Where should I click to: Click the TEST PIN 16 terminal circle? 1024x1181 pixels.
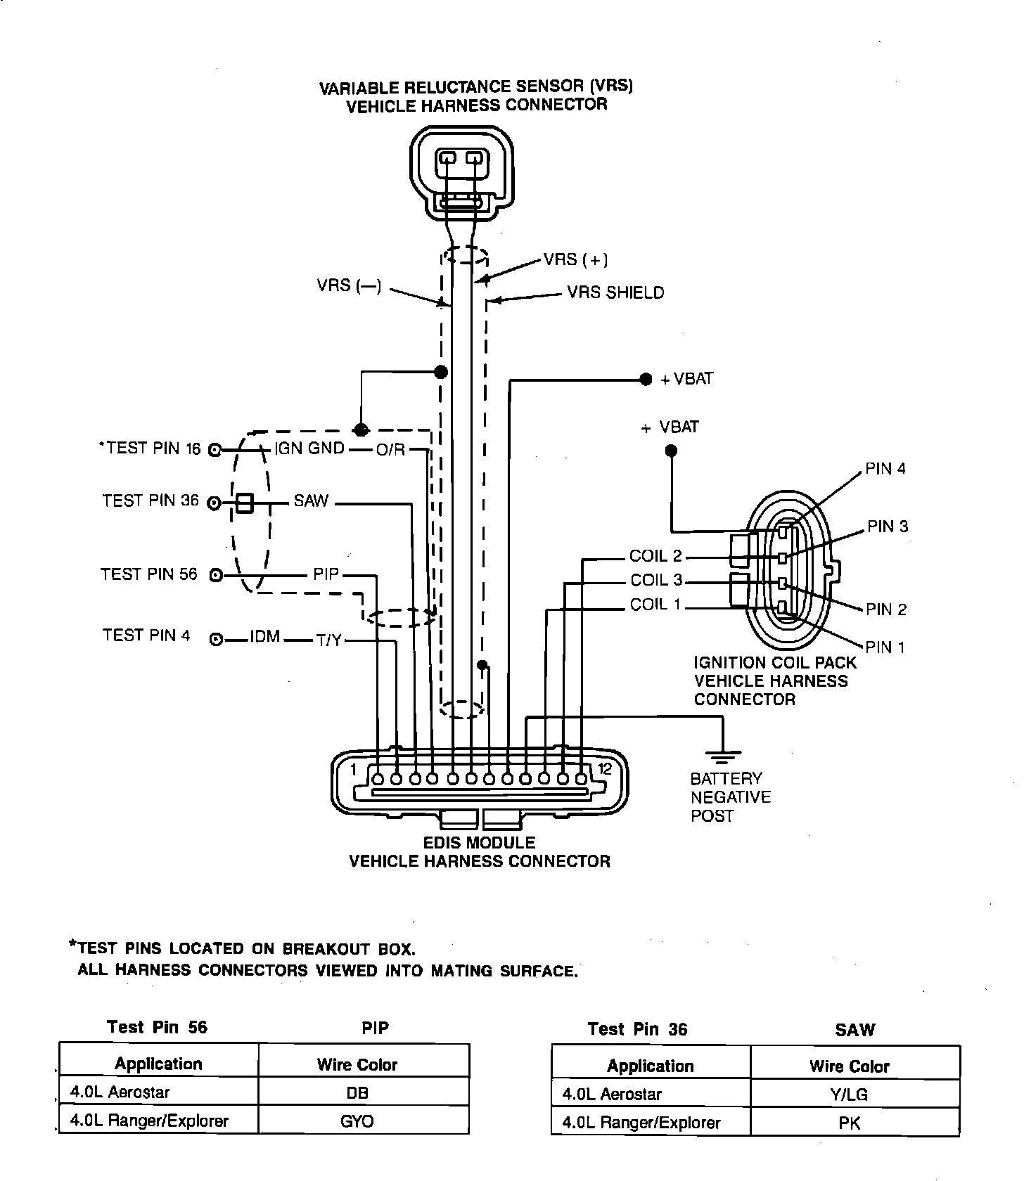click(x=216, y=450)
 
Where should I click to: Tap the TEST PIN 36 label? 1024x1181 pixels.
click(x=151, y=501)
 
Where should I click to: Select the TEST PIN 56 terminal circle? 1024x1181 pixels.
click(x=216, y=576)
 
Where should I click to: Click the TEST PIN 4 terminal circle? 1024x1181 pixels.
click(x=217, y=639)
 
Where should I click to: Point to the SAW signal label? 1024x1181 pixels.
click(x=312, y=501)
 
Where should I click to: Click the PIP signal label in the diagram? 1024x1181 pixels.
click(x=326, y=574)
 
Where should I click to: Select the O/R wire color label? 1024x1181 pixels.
click(x=390, y=450)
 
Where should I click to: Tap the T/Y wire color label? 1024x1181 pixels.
click(x=328, y=640)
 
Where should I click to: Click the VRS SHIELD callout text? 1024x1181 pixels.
click(x=615, y=292)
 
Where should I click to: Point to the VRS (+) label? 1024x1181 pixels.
click(x=575, y=259)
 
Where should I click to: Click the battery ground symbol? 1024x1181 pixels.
click(x=723, y=757)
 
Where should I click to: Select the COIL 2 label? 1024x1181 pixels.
click(x=655, y=556)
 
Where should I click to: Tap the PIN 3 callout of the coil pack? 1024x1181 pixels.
click(x=887, y=526)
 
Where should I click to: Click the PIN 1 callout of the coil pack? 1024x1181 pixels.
click(x=885, y=647)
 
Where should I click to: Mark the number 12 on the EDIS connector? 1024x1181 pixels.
click(x=604, y=768)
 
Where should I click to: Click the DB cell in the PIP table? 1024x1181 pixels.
click(x=357, y=1093)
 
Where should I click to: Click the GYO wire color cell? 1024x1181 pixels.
click(x=357, y=1121)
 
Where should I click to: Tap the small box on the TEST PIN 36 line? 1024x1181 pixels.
click(x=244, y=503)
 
